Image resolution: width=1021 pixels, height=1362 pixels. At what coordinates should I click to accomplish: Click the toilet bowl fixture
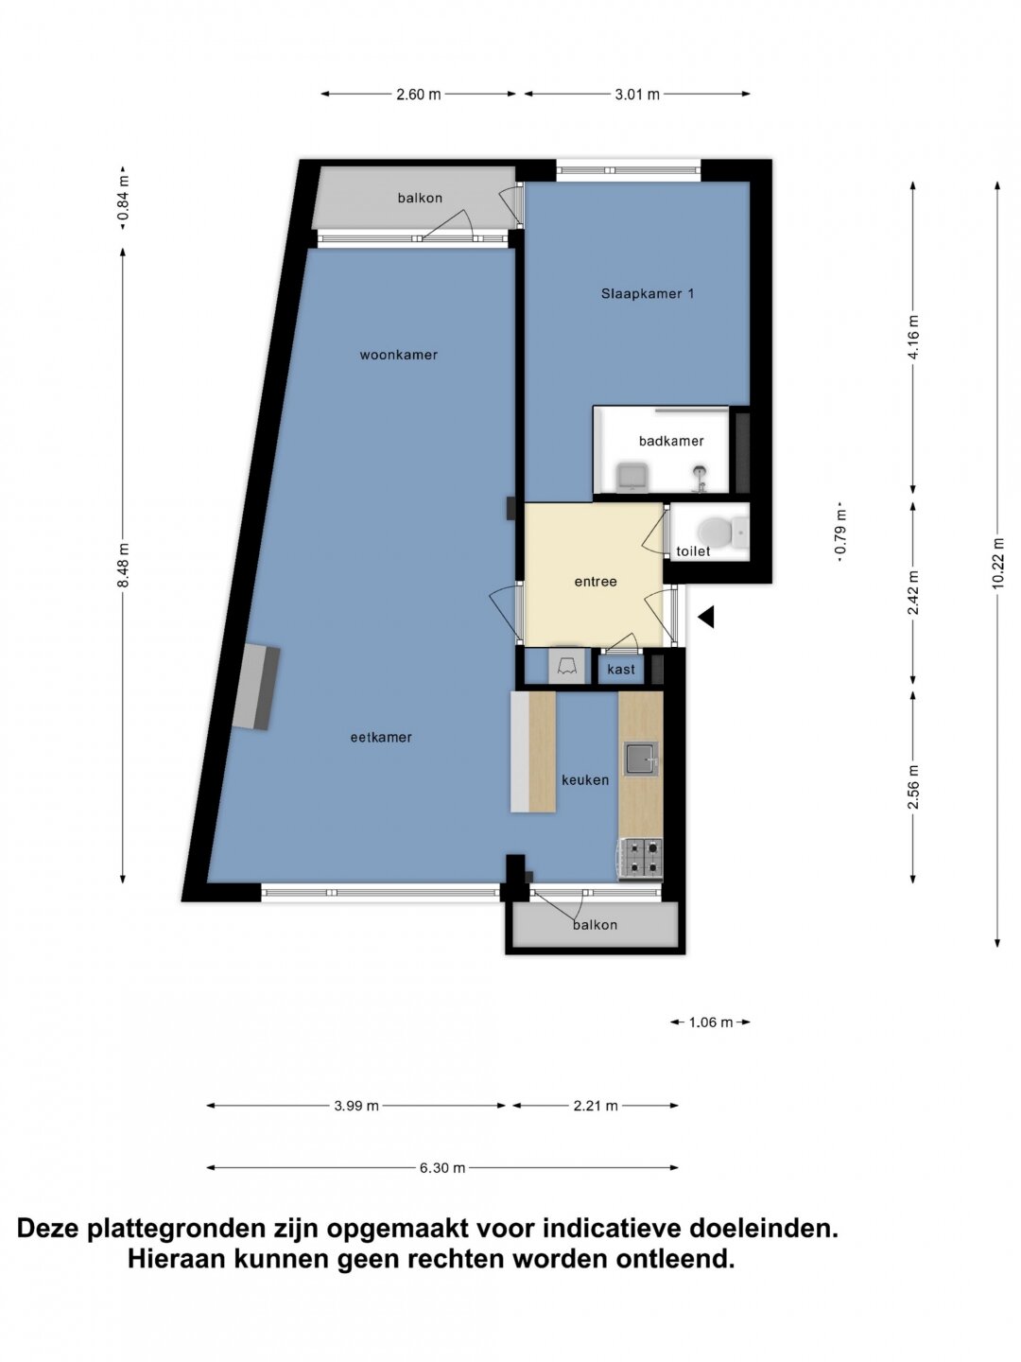[x=719, y=531]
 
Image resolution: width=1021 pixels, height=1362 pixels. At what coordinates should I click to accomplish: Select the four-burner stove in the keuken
[x=641, y=858]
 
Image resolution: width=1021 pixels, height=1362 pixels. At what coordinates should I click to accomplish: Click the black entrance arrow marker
[x=706, y=617]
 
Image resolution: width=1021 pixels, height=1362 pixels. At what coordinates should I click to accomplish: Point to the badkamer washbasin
[x=632, y=477]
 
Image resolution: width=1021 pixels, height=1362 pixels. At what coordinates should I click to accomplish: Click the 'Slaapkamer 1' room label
[x=648, y=293]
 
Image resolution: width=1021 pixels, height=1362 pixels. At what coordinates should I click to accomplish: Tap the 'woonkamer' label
[x=399, y=355]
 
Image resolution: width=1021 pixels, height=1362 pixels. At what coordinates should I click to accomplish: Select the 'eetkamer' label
[x=381, y=737]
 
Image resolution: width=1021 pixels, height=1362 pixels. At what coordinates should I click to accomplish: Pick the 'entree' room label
[x=596, y=582]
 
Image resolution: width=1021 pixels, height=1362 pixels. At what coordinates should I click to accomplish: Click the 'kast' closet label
[x=621, y=669]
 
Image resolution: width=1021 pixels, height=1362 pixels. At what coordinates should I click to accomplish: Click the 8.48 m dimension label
[x=124, y=565]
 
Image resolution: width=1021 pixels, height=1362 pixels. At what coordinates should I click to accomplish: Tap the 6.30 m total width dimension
[x=442, y=1167]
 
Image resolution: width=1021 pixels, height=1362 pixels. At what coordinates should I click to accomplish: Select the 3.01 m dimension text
[x=636, y=95]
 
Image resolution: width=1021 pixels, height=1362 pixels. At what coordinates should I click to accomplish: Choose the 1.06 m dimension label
[x=710, y=1021]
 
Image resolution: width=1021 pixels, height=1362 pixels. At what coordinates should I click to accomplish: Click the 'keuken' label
[x=584, y=780]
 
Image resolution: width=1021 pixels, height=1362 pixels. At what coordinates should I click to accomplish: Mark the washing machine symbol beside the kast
[x=566, y=667]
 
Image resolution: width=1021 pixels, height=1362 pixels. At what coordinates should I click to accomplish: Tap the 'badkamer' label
[x=671, y=441]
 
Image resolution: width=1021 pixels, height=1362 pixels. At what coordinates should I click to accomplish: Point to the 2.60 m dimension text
[x=419, y=95]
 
